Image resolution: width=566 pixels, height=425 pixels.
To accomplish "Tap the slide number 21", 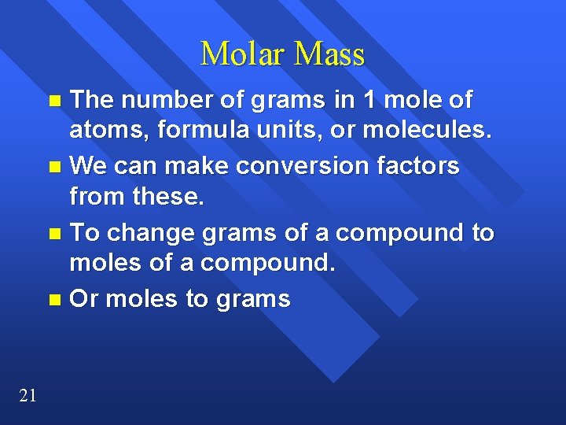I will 28,396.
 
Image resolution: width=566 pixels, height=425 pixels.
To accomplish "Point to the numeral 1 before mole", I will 369,100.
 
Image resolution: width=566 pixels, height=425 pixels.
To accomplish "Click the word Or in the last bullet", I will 84,300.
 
